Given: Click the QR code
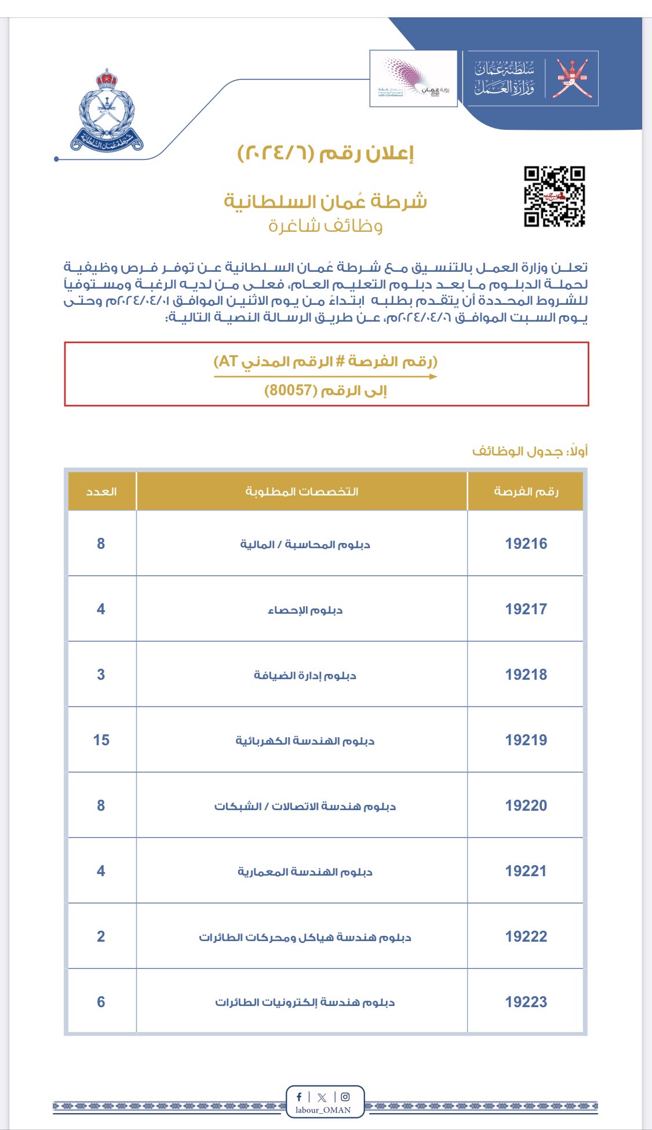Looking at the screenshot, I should (554, 196).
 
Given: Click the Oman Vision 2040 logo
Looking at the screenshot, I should (413, 78).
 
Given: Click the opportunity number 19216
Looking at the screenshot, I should (526, 544).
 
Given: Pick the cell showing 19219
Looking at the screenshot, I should (526, 740).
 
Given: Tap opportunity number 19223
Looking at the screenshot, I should (526, 1002).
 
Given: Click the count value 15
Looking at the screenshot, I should (101, 740).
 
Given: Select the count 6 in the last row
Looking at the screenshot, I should (101, 1002).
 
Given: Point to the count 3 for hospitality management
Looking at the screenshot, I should (101, 675).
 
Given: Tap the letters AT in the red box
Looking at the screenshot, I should (228, 362).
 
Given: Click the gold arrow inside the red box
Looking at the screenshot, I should (325, 377).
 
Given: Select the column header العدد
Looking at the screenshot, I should (101, 491).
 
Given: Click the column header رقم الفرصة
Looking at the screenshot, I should (526, 491).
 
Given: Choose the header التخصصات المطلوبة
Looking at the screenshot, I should (301, 491).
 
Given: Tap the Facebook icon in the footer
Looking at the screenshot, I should (299, 1096).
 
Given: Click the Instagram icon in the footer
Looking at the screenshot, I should (345, 1096).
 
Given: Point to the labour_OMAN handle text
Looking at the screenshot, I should (323, 1110).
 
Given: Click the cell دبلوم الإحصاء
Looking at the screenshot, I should (305, 610).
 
